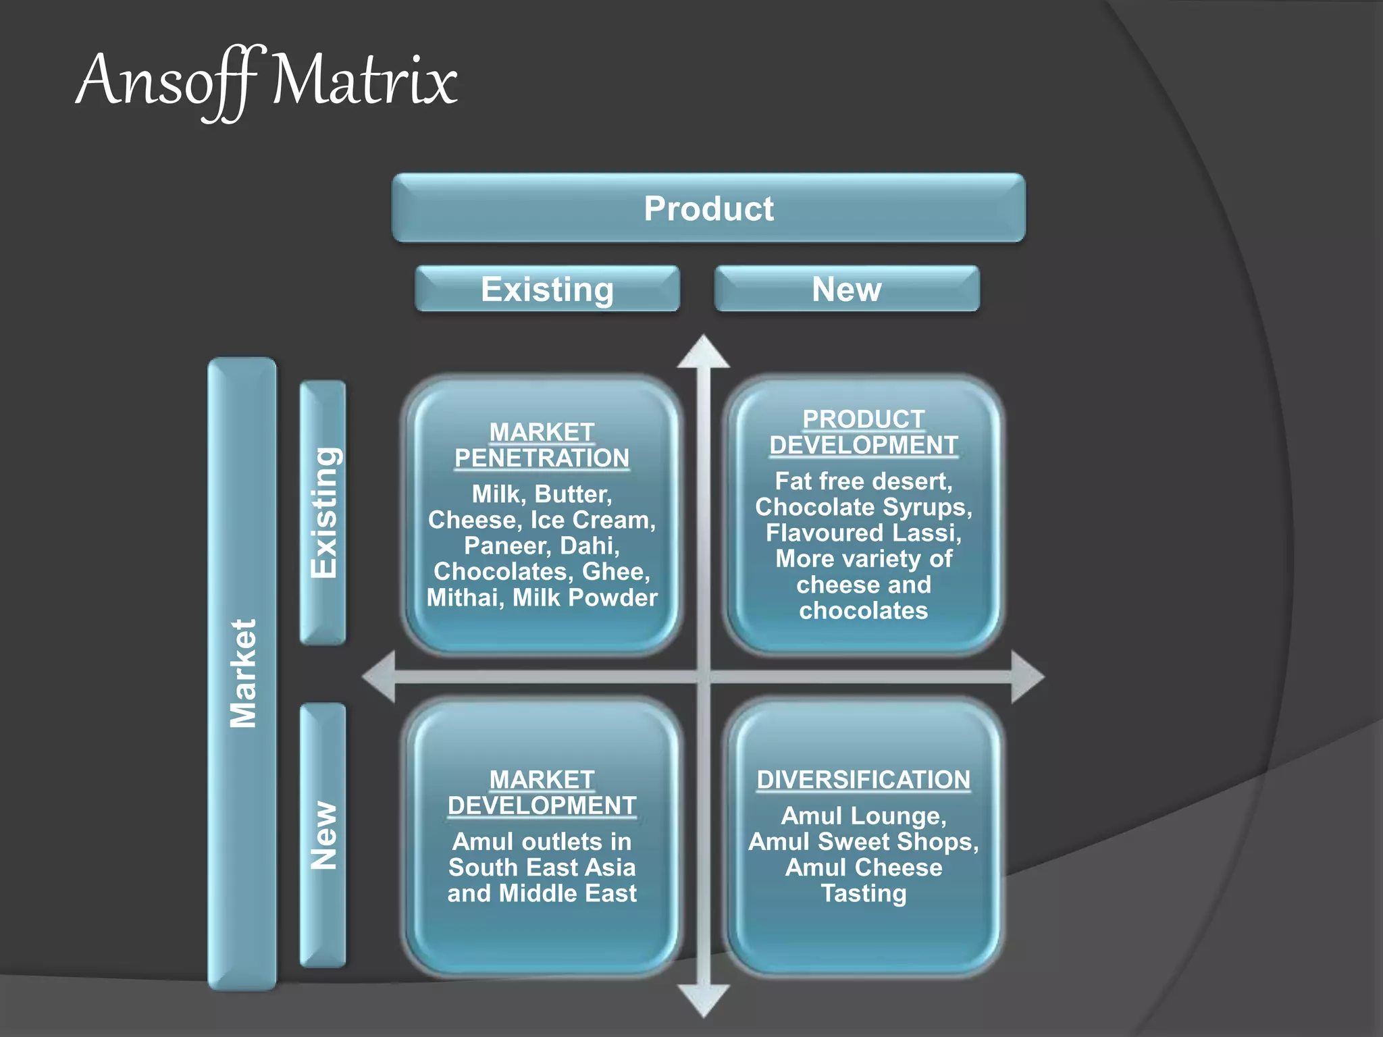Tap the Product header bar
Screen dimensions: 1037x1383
[x=708, y=208]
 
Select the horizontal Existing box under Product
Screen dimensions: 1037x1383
[x=547, y=289]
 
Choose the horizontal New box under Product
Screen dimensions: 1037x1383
[x=846, y=289]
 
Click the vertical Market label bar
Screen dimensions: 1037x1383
[x=242, y=673]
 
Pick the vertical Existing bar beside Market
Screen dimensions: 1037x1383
[x=323, y=512]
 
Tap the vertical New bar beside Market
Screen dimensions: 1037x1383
[x=323, y=835]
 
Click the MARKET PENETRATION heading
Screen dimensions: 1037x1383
[x=542, y=445]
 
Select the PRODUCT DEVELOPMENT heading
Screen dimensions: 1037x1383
[x=863, y=432]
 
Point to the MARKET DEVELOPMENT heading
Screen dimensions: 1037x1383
[x=542, y=793]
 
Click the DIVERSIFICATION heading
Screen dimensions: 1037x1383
[x=863, y=780]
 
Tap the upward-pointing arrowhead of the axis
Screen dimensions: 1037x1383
[x=704, y=352]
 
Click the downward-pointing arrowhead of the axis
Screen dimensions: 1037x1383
[x=704, y=1001]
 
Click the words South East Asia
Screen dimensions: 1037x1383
[x=542, y=868]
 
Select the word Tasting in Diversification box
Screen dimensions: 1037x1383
[x=863, y=893]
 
